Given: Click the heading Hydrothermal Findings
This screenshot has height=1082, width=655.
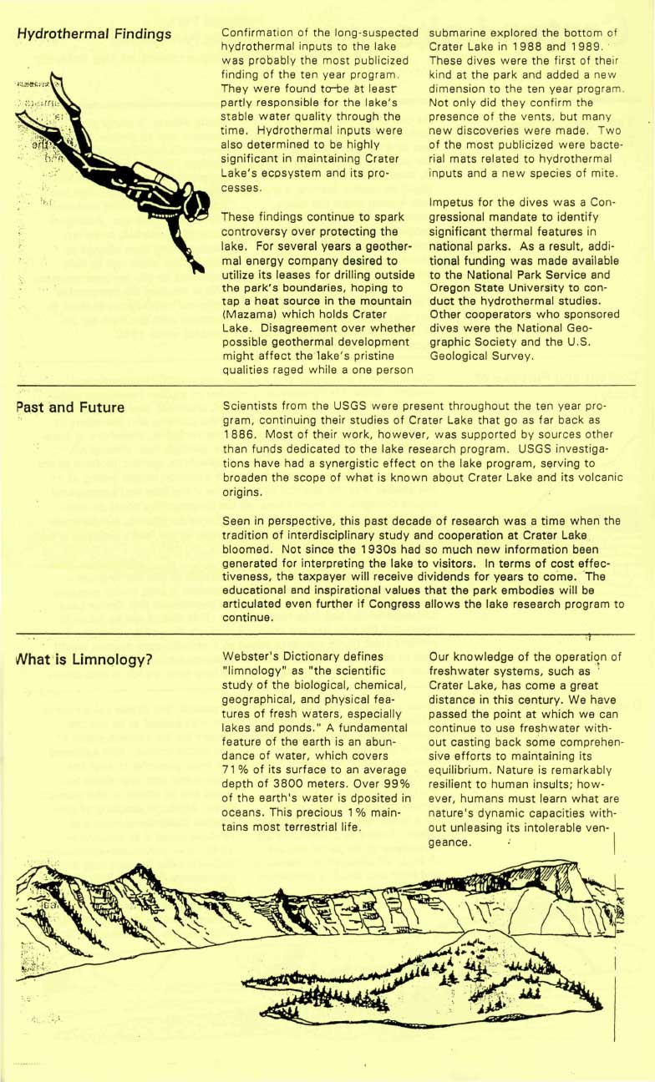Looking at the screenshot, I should (x=94, y=34).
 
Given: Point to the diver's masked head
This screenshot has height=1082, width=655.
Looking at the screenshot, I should (x=196, y=204).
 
